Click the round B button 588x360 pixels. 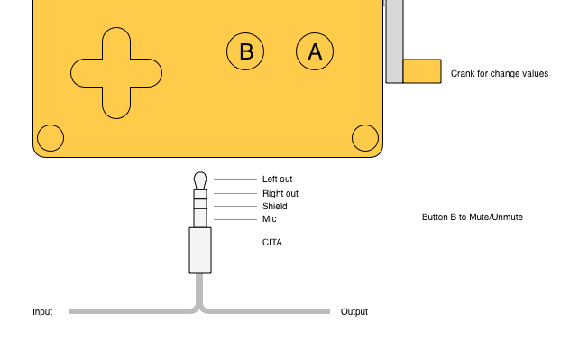click(245, 51)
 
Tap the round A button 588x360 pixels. click(315, 51)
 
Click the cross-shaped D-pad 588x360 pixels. click(116, 73)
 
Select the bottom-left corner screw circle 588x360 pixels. click(51, 138)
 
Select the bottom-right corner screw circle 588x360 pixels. click(365, 138)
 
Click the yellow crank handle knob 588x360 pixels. click(422, 71)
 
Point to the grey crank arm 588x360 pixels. click(394, 42)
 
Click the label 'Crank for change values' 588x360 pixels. click(500, 73)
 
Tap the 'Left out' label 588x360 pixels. click(278, 180)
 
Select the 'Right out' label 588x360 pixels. click(280, 193)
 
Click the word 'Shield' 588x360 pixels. click(275, 207)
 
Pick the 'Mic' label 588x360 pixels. click(270, 219)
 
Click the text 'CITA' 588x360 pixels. click(272, 242)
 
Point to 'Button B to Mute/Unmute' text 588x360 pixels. click(473, 217)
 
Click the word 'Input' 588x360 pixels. click(42, 312)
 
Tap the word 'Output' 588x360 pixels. click(354, 312)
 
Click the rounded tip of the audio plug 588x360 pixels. click(200, 180)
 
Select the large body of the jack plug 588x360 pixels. click(200, 251)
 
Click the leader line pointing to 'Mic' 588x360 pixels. click(235, 219)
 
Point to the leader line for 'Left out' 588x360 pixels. click(235, 180)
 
